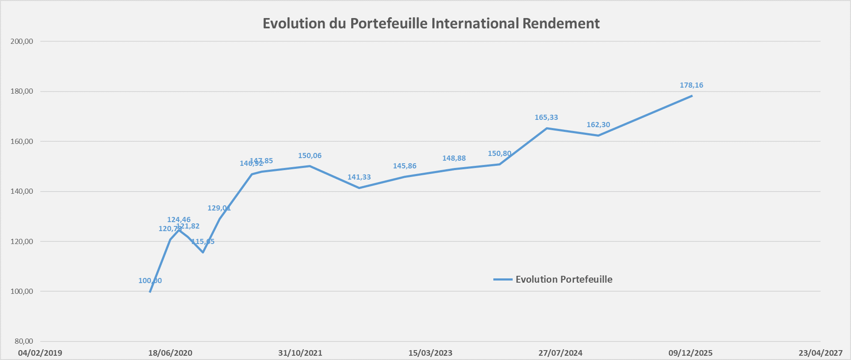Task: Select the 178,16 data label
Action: pyautogui.click(x=691, y=85)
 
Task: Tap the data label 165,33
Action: pyautogui.click(x=546, y=117)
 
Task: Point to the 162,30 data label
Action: pyautogui.click(x=598, y=125)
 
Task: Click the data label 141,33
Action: pyautogui.click(x=359, y=177)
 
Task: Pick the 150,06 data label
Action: pyautogui.click(x=310, y=156)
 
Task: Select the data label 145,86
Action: pyautogui.click(x=404, y=166)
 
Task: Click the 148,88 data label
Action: pyautogui.click(x=454, y=158)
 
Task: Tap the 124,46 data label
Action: pyautogui.click(x=179, y=220)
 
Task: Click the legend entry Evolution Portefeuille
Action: pyautogui.click(x=563, y=279)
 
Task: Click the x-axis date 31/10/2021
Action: pyautogui.click(x=300, y=353)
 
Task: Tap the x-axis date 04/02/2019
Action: pyautogui.click(x=40, y=353)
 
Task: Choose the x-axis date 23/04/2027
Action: pyautogui.click(x=821, y=353)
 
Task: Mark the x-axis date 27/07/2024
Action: pyautogui.click(x=560, y=353)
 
